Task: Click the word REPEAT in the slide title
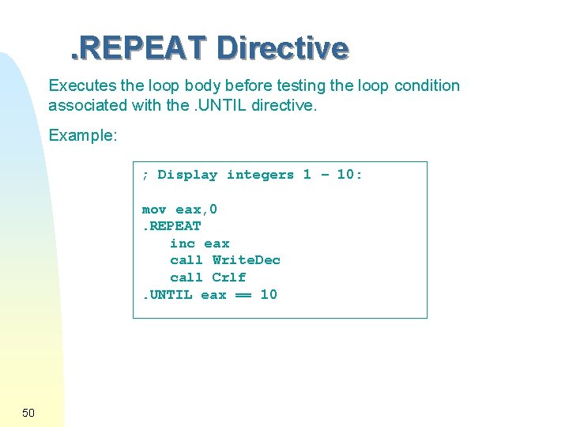coord(144,49)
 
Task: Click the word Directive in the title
coord(282,49)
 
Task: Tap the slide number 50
coord(28,413)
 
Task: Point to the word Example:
coord(83,136)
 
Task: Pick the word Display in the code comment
coord(187,175)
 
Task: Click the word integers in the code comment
coord(260,175)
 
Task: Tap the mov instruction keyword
coord(154,210)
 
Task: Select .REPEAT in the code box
coord(171,226)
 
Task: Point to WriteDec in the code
coord(247,260)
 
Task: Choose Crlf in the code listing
coord(229,278)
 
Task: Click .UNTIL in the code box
coord(168,295)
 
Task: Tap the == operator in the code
coord(243,295)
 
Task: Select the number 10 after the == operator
coord(269,295)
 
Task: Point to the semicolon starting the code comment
coord(145,176)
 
